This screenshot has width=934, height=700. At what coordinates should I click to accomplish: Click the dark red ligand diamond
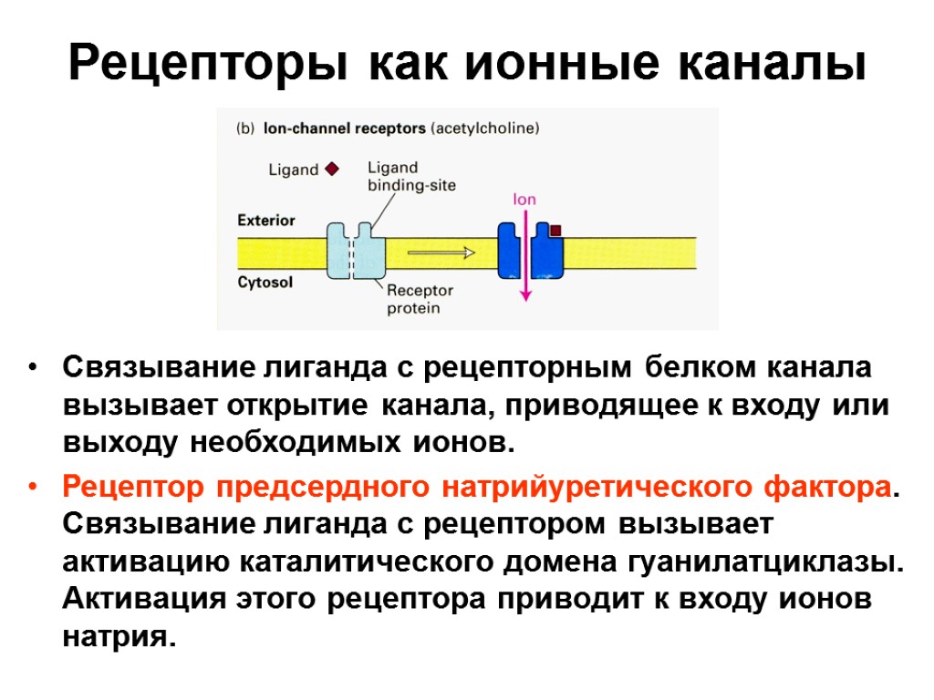click(332, 169)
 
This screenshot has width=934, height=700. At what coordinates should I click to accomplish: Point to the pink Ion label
click(524, 199)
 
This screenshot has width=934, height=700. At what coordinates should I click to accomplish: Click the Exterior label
click(266, 221)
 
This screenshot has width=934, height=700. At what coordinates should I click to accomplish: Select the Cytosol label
click(265, 283)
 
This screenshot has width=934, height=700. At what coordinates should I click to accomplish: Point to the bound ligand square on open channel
click(555, 232)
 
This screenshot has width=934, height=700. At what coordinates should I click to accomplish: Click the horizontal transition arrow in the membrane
click(441, 252)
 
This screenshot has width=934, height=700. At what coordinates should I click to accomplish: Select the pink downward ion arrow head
click(525, 293)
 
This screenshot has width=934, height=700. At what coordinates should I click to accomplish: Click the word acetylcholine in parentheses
click(486, 129)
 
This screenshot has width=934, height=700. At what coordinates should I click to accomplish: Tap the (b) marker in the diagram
click(245, 129)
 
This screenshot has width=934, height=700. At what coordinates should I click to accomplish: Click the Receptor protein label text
click(419, 299)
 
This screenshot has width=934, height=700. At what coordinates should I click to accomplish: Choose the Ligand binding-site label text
click(410, 177)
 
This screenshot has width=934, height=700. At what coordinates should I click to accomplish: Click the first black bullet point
click(33, 369)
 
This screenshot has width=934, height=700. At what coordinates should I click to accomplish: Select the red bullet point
click(33, 488)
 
